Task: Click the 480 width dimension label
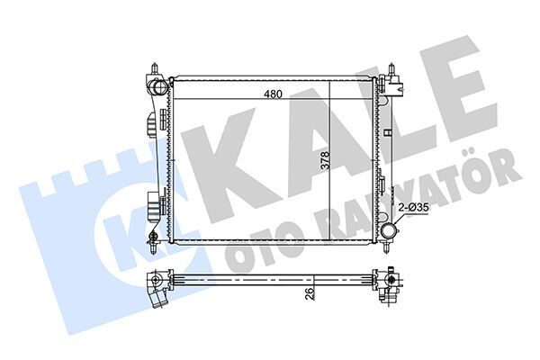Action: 273,94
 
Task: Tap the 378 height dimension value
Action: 325,160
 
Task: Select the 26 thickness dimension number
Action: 310,294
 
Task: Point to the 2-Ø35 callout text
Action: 413,207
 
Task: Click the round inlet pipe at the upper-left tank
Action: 159,86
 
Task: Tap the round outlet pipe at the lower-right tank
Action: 389,230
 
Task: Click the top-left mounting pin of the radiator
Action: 155,67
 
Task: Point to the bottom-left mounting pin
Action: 154,247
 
